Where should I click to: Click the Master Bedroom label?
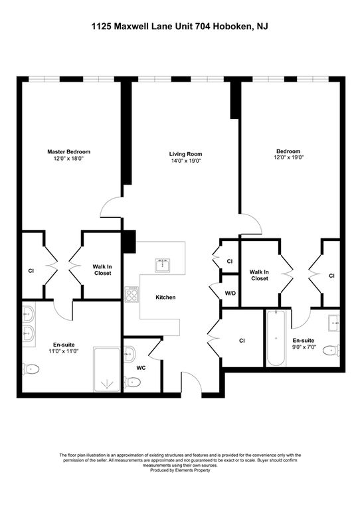(69, 151)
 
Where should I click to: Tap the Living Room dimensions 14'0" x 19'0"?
(185, 161)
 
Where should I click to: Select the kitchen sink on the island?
(163, 266)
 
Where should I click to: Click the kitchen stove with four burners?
(132, 294)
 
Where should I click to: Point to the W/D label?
(230, 293)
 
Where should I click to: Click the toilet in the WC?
(132, 382)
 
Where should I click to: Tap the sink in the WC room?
(130, 353)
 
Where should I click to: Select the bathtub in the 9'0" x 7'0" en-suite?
(276, 338)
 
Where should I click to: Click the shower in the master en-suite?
(107, 369)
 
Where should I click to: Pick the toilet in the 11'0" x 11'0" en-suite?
(31, 369)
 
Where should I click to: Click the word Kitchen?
(165, 297)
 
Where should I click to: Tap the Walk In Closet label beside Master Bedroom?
(103, 270)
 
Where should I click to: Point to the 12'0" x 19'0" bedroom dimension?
(288, 157)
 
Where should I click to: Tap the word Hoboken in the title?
(233, 27)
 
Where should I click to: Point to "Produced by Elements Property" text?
(180, 470)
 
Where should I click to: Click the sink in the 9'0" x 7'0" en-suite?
(334, 323)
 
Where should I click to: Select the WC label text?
(141, 368)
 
